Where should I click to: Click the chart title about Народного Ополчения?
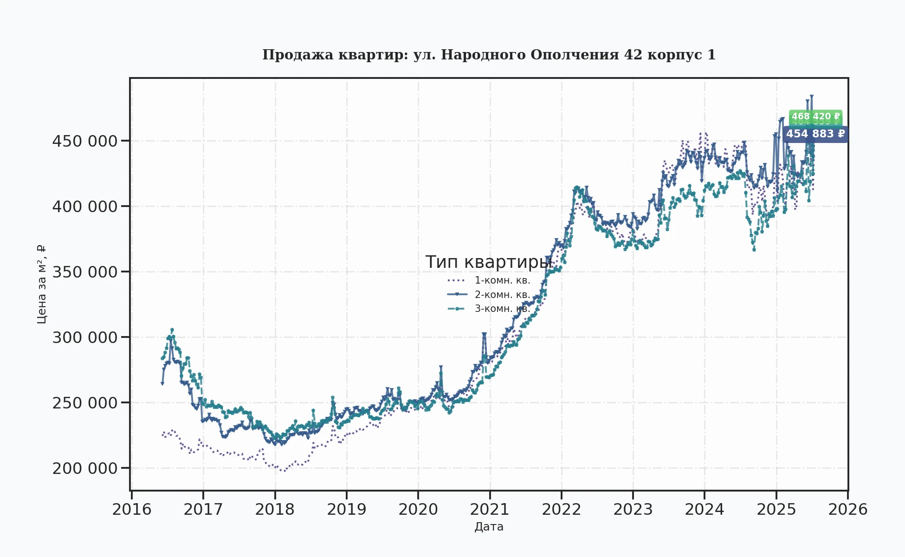pyautogui.click(x=489, y=55)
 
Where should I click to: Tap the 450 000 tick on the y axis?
pyautogui.click(x=85, y=141)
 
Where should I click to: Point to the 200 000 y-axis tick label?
pyautogui.click(x=85, y=468)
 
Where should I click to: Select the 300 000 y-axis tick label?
pyautogui.click(x=85, y=337)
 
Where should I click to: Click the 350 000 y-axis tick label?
pyautogui.click(x=85, y=272)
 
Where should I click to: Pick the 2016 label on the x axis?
pyautogui.click(x=132, y=509)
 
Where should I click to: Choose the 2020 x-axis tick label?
pyautogui.click(x=418, y=509)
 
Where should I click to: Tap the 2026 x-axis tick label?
pyautogui.click(x=847, y=509)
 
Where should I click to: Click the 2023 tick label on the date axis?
pyautogui.click(x=633, y=509)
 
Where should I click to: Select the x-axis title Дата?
pyautogui.click(x=489, y=527)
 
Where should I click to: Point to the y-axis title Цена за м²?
pyautogui.click(x=41, y=284)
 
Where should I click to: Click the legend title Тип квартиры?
pyautogui.click(x=489, y=262)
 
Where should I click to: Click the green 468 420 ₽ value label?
pyautogui.click(x=815, y=117)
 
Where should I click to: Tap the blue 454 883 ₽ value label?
pyautogui.click(x=815, y=134)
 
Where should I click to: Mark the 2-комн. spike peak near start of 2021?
pyautogui.click(x=484, y=334)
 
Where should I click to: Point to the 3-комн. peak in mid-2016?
pyautogui.click(x=172, y=330)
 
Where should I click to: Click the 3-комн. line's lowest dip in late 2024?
pyautogui.click(x=754, y=250)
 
